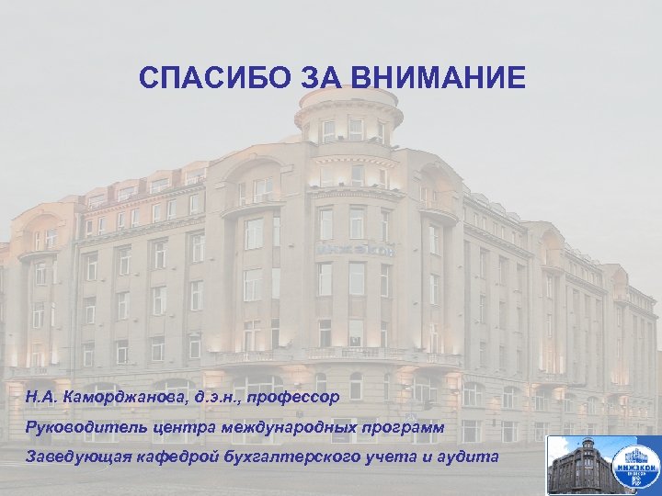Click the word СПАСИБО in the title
[x=215, y=77]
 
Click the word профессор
[x=298, y=396]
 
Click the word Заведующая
[x=77, y=457]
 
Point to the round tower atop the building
[x=348, y=129]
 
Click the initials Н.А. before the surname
[x=40, y=396]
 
